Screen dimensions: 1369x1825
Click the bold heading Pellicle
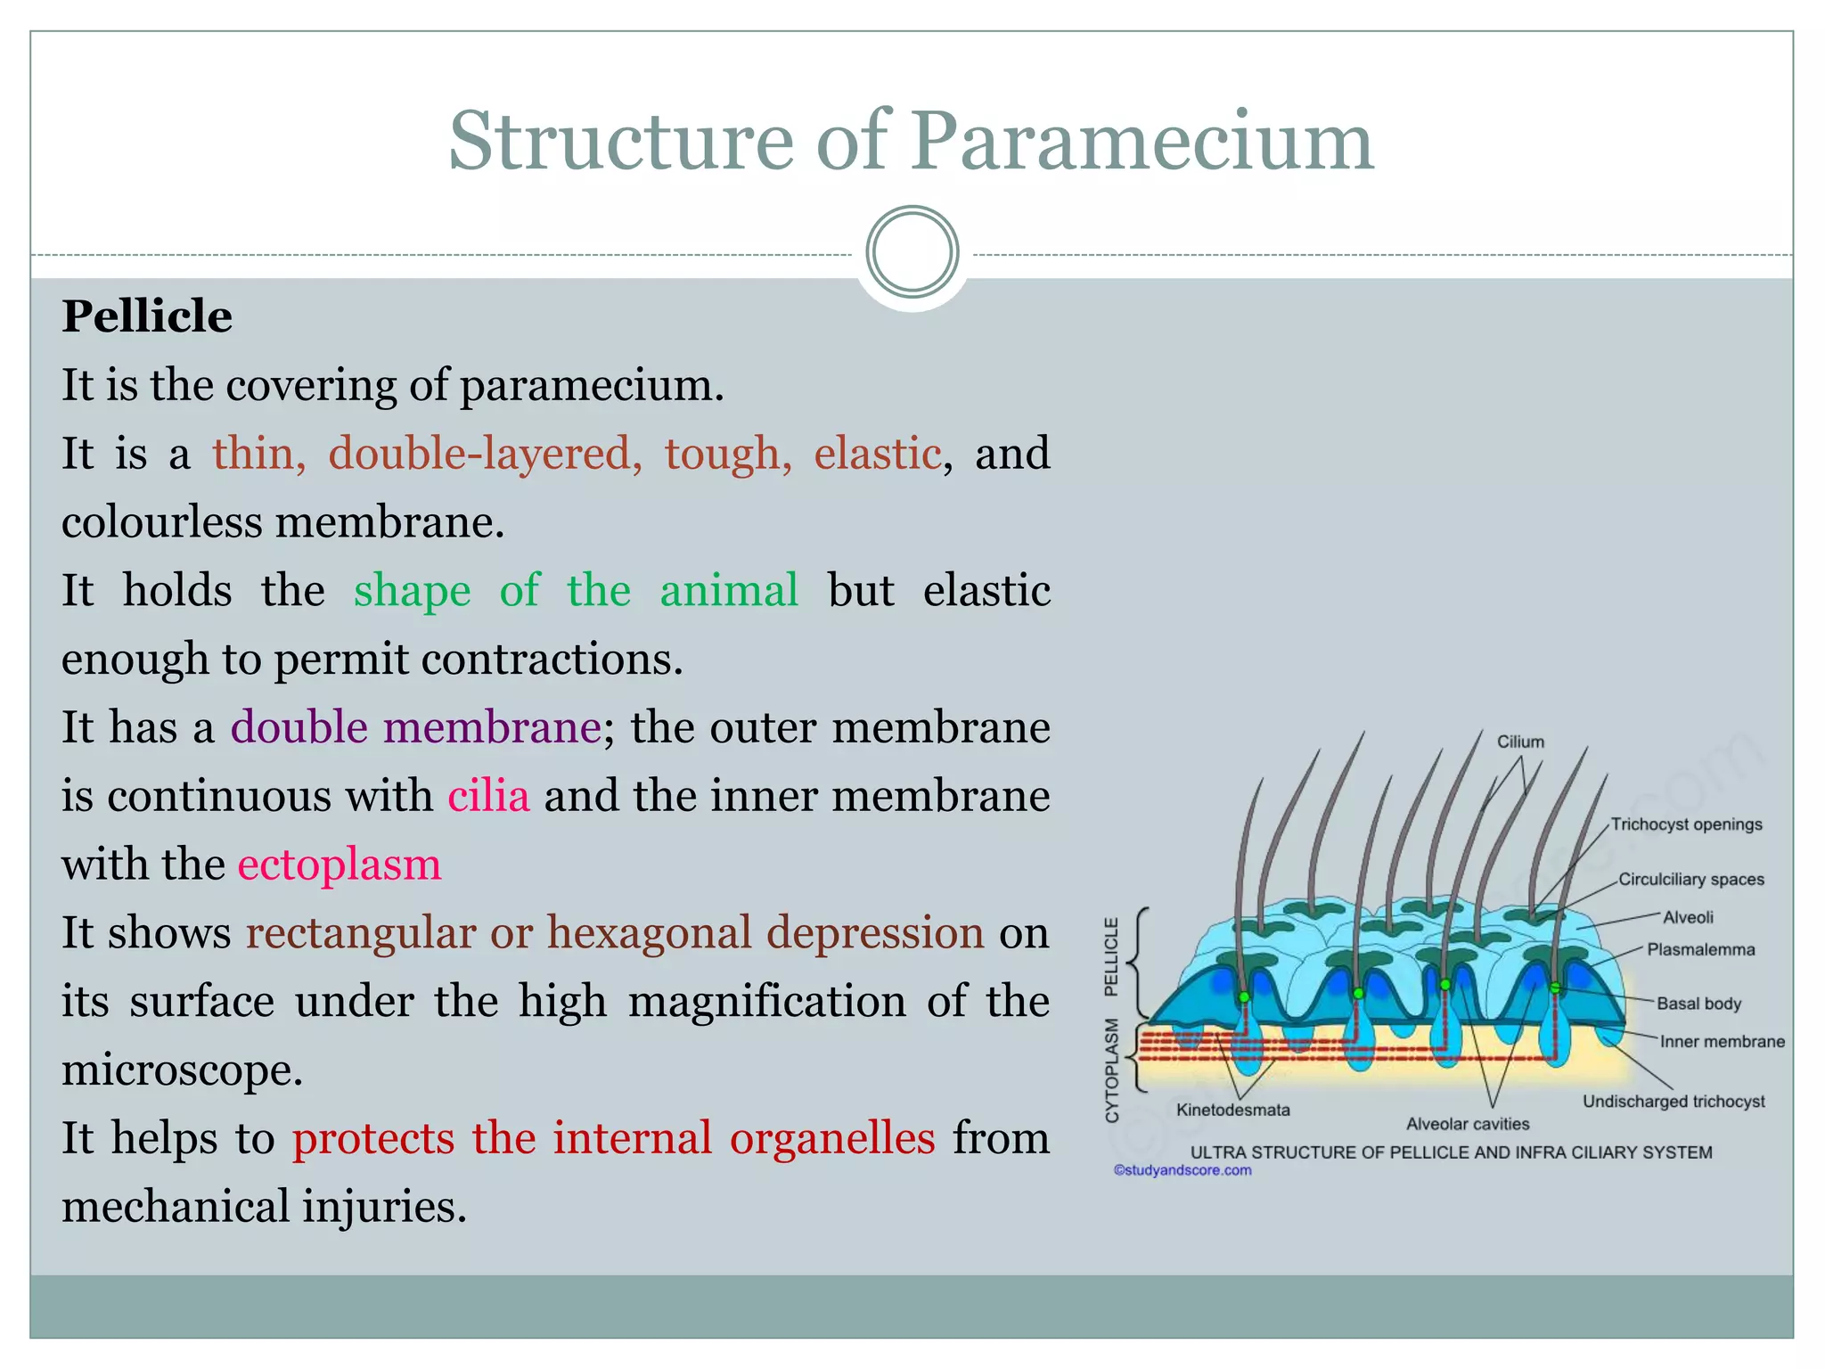147,316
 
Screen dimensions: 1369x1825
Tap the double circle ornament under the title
912,252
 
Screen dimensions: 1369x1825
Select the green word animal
729,591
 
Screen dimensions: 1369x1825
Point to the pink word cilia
488,796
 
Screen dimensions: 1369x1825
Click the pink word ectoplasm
340,865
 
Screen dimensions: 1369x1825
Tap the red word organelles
832,1138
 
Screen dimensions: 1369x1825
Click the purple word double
299,727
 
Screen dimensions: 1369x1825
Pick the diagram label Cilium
1520,742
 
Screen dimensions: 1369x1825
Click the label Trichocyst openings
1686,824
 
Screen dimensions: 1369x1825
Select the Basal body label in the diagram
1698,1004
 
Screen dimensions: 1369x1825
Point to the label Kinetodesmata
1232,1110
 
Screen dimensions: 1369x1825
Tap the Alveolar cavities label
1468,1124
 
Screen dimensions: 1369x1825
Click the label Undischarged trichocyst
1674,1102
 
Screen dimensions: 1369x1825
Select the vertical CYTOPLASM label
1111,1070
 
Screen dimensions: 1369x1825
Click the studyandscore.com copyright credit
1183,1170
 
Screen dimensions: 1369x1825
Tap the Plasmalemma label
1700,950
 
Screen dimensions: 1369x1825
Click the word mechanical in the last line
176,1207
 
